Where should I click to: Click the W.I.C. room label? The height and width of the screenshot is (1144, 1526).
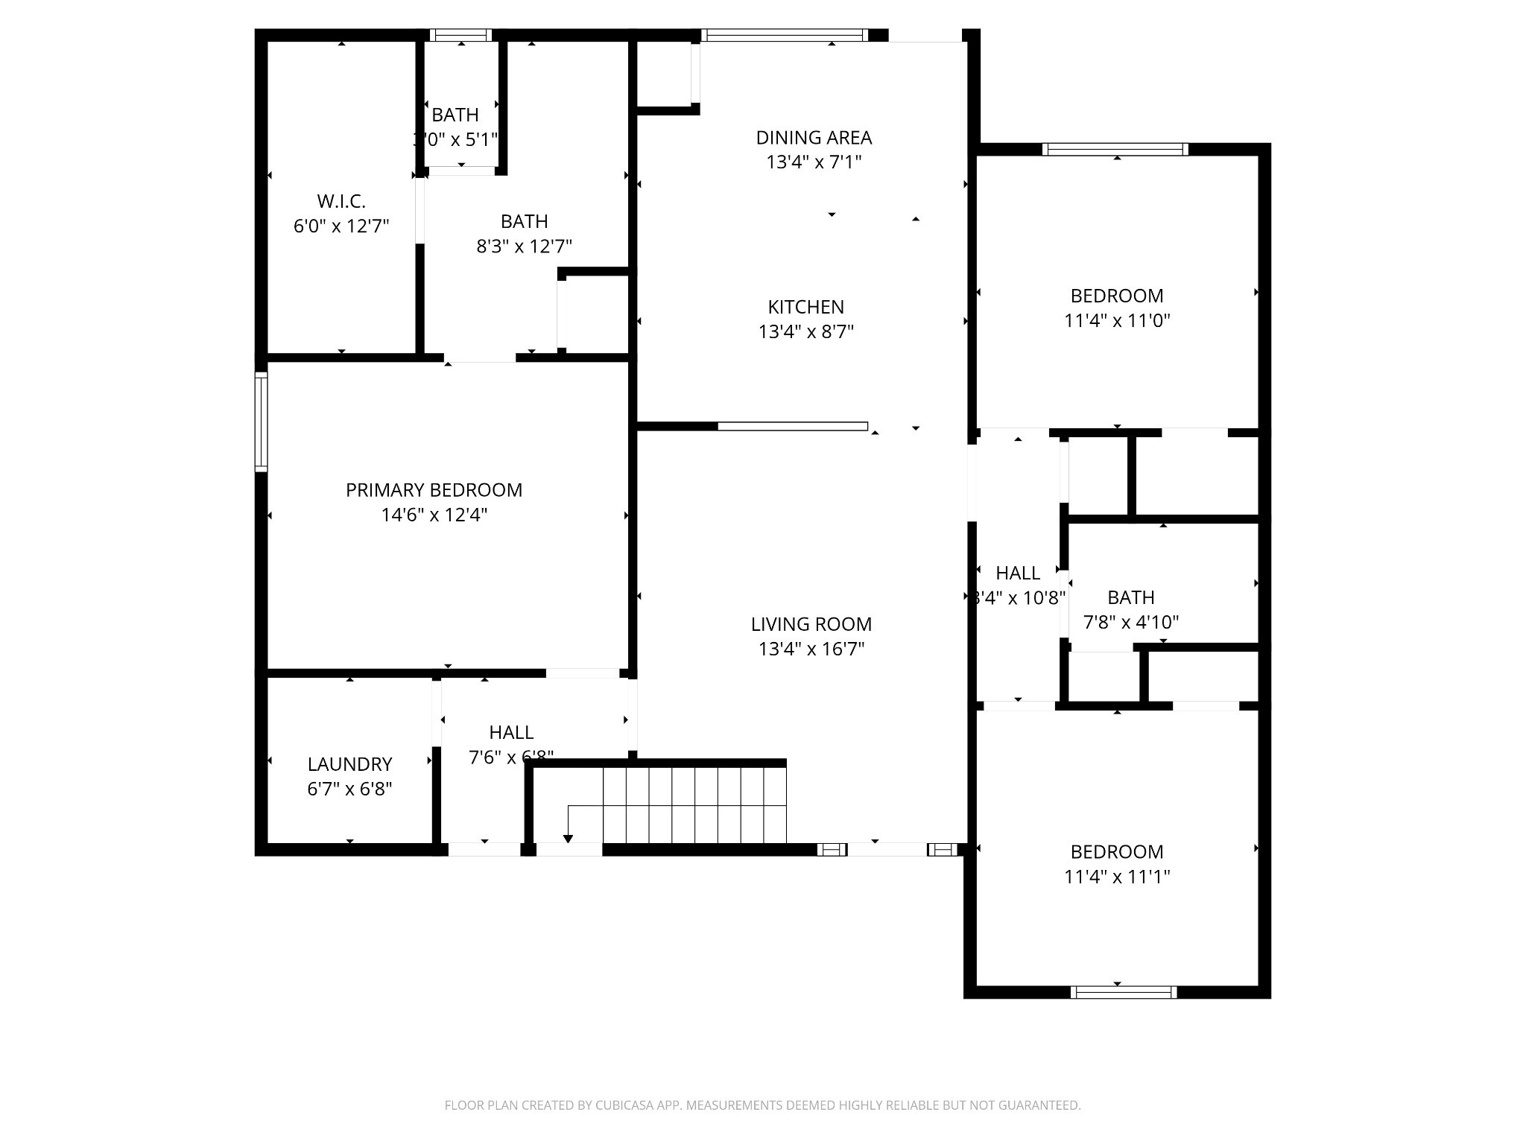(x=341, y=201)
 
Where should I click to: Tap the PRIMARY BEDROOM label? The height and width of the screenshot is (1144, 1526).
(x=434, y=490)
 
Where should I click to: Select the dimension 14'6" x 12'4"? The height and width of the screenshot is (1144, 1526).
(x=434, y=515)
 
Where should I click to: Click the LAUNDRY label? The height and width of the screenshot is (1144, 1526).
(x=349, y=764)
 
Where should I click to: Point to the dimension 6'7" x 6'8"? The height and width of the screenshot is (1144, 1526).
(x=349, y=789)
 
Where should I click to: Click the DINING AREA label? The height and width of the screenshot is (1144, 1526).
(x=814, y=138)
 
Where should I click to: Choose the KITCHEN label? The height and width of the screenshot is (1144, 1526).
(x=805, y=307)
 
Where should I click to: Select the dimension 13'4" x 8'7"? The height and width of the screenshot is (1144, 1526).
(x=805, y=331)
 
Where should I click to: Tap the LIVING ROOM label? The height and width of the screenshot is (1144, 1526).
(x=811, y=624)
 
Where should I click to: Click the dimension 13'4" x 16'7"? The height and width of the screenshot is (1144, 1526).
(x=811, y=649)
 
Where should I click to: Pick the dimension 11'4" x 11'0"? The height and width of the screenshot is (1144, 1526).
(x=1116, y=321)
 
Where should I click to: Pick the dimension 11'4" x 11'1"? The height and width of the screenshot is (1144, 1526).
(x=1116, y=877)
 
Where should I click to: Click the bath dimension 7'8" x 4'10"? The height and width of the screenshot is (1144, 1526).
(x=1130, y=622)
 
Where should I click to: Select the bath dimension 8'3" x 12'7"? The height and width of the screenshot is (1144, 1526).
(x=524, y=247)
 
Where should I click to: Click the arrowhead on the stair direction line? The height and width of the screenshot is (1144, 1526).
(x=568, y=839)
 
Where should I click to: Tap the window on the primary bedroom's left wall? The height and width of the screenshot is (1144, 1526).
(x=261, y=422)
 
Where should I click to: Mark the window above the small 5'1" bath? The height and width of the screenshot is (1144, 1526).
(x=461, y=35)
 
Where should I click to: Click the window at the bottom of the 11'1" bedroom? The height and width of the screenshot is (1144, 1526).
(x=1123, y=992)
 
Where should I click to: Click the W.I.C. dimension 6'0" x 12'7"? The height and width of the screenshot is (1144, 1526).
(x=341, y=226)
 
